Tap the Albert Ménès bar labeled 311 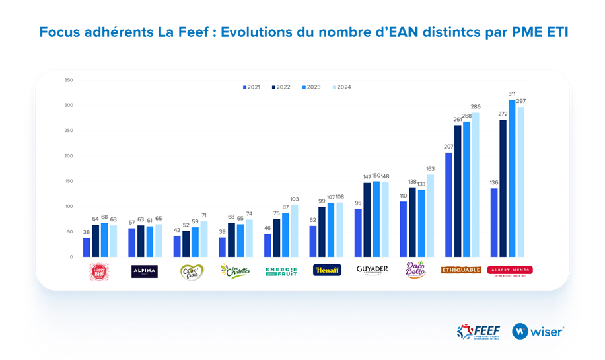point(512,178)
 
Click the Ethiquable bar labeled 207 point(448,205)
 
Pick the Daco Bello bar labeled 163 point(431,215)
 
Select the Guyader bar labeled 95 point(358,233)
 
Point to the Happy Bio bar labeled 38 point(87,247)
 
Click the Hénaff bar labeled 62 point(313,241)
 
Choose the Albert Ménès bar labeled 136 point(494,223)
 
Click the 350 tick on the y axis point(69,80)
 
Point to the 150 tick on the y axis point(69,181)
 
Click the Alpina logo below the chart point(143,271)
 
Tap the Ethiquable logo point(461,270)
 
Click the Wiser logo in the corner point(537,331)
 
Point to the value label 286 point(476,106)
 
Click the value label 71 point(203,215)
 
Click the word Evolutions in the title point(254,32)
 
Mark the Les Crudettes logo point(234,271)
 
